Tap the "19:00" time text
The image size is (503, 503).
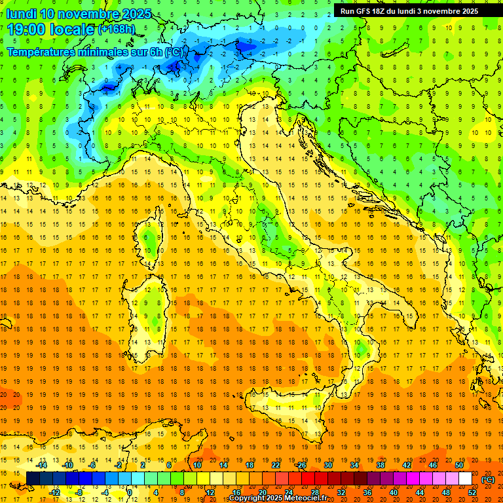(26, 29)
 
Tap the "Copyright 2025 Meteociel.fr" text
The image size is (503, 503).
(277, 498)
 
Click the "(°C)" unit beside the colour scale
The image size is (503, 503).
(488, 479)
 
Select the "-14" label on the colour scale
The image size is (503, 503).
(43, 466)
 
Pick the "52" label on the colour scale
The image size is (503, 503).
(472, 493)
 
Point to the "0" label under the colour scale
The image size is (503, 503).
(129, 493)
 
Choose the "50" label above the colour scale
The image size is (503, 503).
(459, 466)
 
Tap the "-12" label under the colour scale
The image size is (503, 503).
(56, 493)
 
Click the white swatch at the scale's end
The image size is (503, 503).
(465, 479)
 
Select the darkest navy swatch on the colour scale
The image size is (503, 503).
(33, 479)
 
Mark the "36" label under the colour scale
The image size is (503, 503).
(367, 493)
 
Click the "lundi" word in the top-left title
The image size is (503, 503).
(22, 14)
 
